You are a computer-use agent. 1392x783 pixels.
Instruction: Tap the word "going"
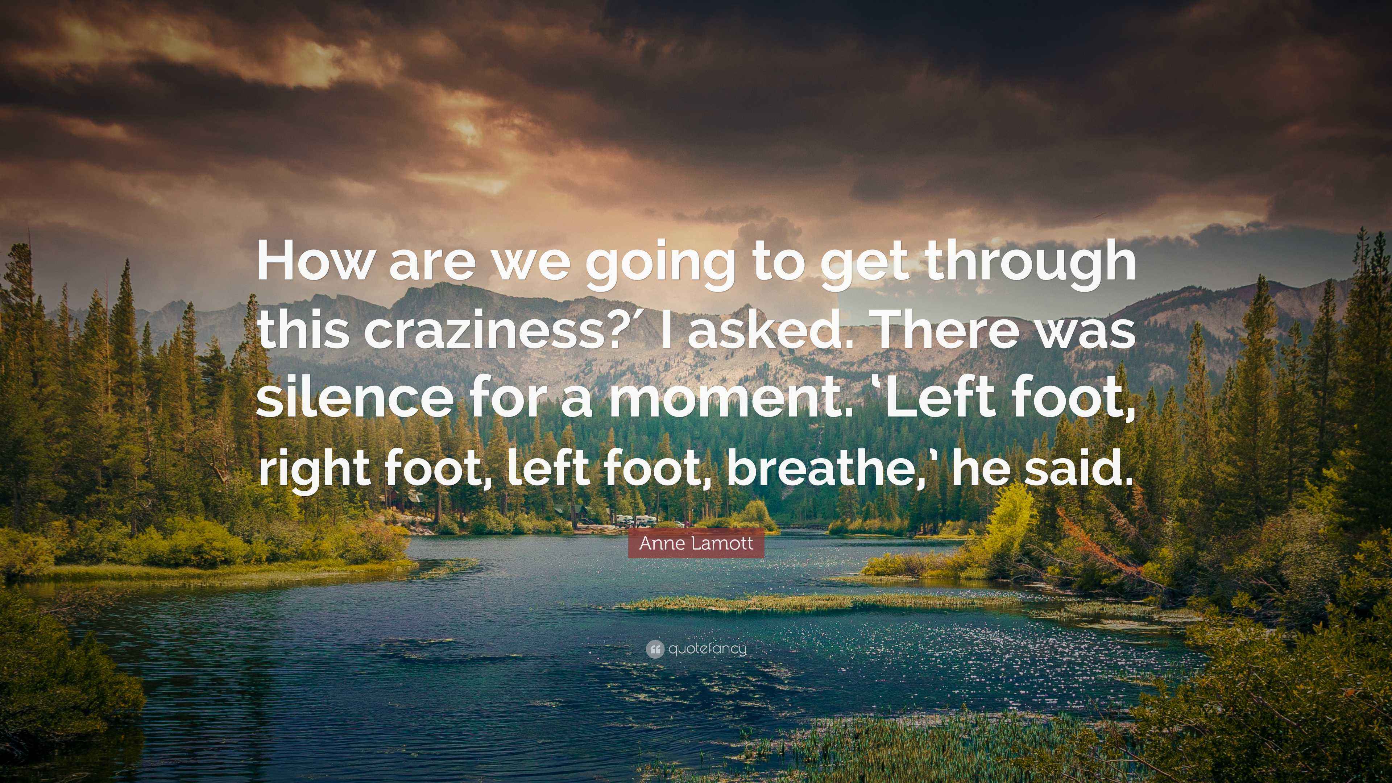654,269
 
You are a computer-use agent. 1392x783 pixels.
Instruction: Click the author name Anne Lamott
696,543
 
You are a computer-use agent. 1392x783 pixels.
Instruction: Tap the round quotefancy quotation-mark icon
654,649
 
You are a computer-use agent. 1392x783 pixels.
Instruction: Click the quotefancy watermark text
707,649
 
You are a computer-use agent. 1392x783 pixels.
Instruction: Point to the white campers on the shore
635,521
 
